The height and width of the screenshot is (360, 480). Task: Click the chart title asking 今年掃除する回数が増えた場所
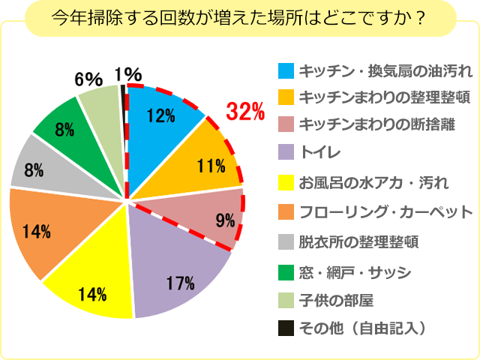239,18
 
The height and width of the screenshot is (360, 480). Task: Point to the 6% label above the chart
88,78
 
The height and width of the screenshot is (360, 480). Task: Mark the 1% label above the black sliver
128,73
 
